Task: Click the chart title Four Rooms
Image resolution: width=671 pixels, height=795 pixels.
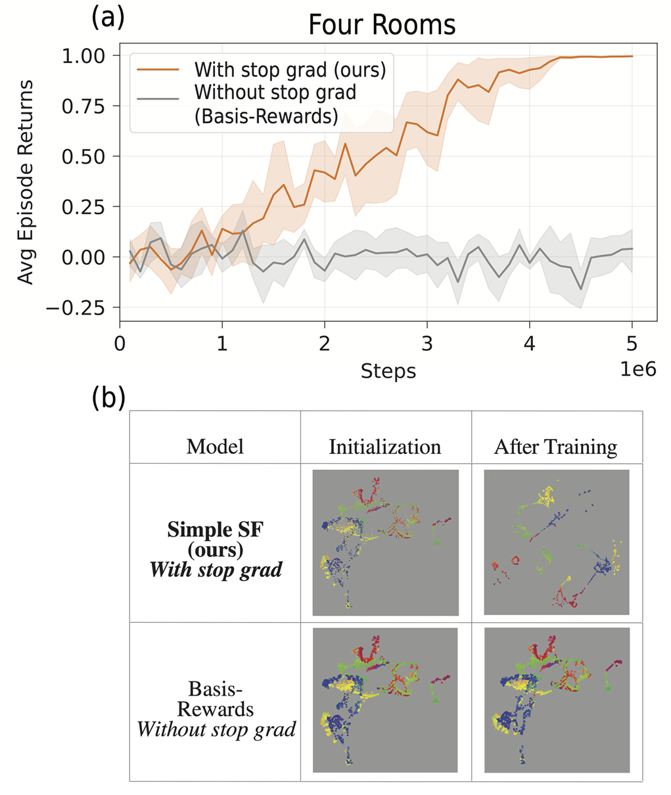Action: click(382, 25)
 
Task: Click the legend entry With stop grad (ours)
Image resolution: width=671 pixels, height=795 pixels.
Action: click(290, 69)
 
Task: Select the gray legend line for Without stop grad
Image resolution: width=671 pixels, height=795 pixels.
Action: click(158, 99)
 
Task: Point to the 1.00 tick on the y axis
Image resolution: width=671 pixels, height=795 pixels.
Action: click(92, 56)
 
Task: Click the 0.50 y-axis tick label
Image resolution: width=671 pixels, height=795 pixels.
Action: click(92, 156)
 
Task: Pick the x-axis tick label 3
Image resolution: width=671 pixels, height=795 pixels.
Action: click(427, 343)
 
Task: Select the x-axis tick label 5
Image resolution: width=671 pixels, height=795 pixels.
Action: click(632, 343)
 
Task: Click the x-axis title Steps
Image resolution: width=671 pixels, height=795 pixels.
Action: click(388, 371)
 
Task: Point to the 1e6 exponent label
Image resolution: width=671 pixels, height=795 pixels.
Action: click(638, 369)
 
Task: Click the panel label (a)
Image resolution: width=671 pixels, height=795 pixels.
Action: click(108, 17)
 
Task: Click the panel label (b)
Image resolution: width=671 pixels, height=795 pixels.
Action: click(108, 397)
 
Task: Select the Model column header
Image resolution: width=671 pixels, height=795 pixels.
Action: click(215, 447)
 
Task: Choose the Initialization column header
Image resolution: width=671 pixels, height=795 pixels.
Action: click(385, 447)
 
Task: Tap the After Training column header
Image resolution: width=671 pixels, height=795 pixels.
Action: click(556, 447)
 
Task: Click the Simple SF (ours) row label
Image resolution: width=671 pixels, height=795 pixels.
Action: click(215, 539)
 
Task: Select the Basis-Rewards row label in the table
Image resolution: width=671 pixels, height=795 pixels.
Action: click(215, 699)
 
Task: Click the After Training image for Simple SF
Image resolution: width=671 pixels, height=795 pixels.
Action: click(557, 543)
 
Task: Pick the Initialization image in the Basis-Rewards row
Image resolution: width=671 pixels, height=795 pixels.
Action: click(385, 700)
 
